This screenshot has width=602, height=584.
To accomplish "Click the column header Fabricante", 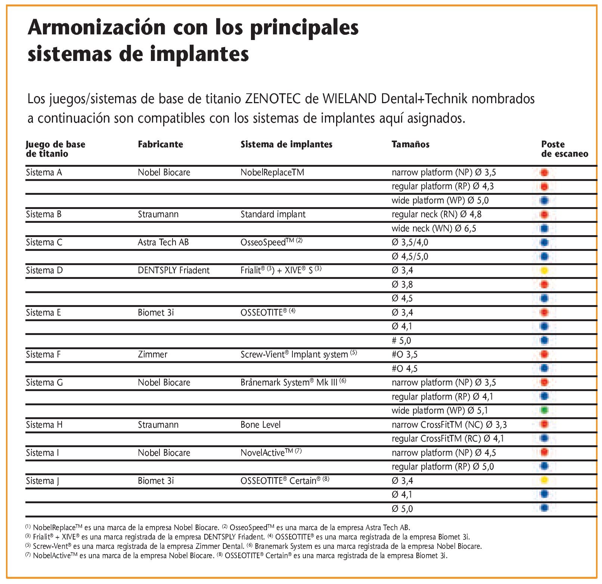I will [160, 144].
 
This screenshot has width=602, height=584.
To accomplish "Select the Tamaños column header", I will [410, 144].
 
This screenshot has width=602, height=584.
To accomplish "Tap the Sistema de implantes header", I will [286, 144].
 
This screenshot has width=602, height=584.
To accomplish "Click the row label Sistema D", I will [44, 270].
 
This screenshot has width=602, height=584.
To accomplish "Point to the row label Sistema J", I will [43, 481].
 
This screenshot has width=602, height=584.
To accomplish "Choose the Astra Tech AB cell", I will [163, 242].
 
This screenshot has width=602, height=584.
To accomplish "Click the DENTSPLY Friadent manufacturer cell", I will [173, 270].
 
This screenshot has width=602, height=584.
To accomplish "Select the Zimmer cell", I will [152, 354].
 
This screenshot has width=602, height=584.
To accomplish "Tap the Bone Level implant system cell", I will [260, 425].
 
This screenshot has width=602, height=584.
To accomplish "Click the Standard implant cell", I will [273, 214].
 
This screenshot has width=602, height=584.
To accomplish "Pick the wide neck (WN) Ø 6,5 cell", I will [434, 228].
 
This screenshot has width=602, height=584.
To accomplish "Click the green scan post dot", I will [544, 411].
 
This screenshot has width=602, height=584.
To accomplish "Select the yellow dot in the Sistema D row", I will [544, 270].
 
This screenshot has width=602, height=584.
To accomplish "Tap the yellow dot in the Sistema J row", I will [544, 480].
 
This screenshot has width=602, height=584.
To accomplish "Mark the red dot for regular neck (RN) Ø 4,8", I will [544, 214].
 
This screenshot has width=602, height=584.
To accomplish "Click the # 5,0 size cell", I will [401, 341].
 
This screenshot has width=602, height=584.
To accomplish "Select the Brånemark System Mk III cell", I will [293, 382].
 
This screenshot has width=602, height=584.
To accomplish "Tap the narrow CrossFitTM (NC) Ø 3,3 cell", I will [449, 425].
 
